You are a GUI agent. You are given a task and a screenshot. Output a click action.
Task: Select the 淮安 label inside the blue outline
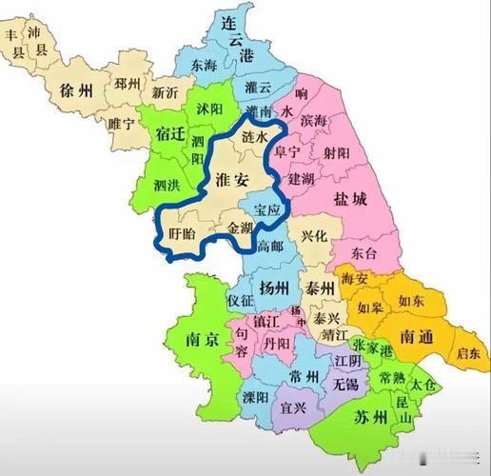[x=232, y=181]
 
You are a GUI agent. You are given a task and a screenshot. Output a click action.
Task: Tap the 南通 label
[x=419, y=336]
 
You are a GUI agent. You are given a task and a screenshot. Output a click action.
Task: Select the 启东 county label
[x=467, y=353]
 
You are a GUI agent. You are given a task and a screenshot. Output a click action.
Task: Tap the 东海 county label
[x=204, y=66]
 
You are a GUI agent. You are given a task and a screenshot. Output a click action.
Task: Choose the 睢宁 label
[x=123, y=122]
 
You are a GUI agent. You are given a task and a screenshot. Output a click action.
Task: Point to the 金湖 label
[x=239, y=228]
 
